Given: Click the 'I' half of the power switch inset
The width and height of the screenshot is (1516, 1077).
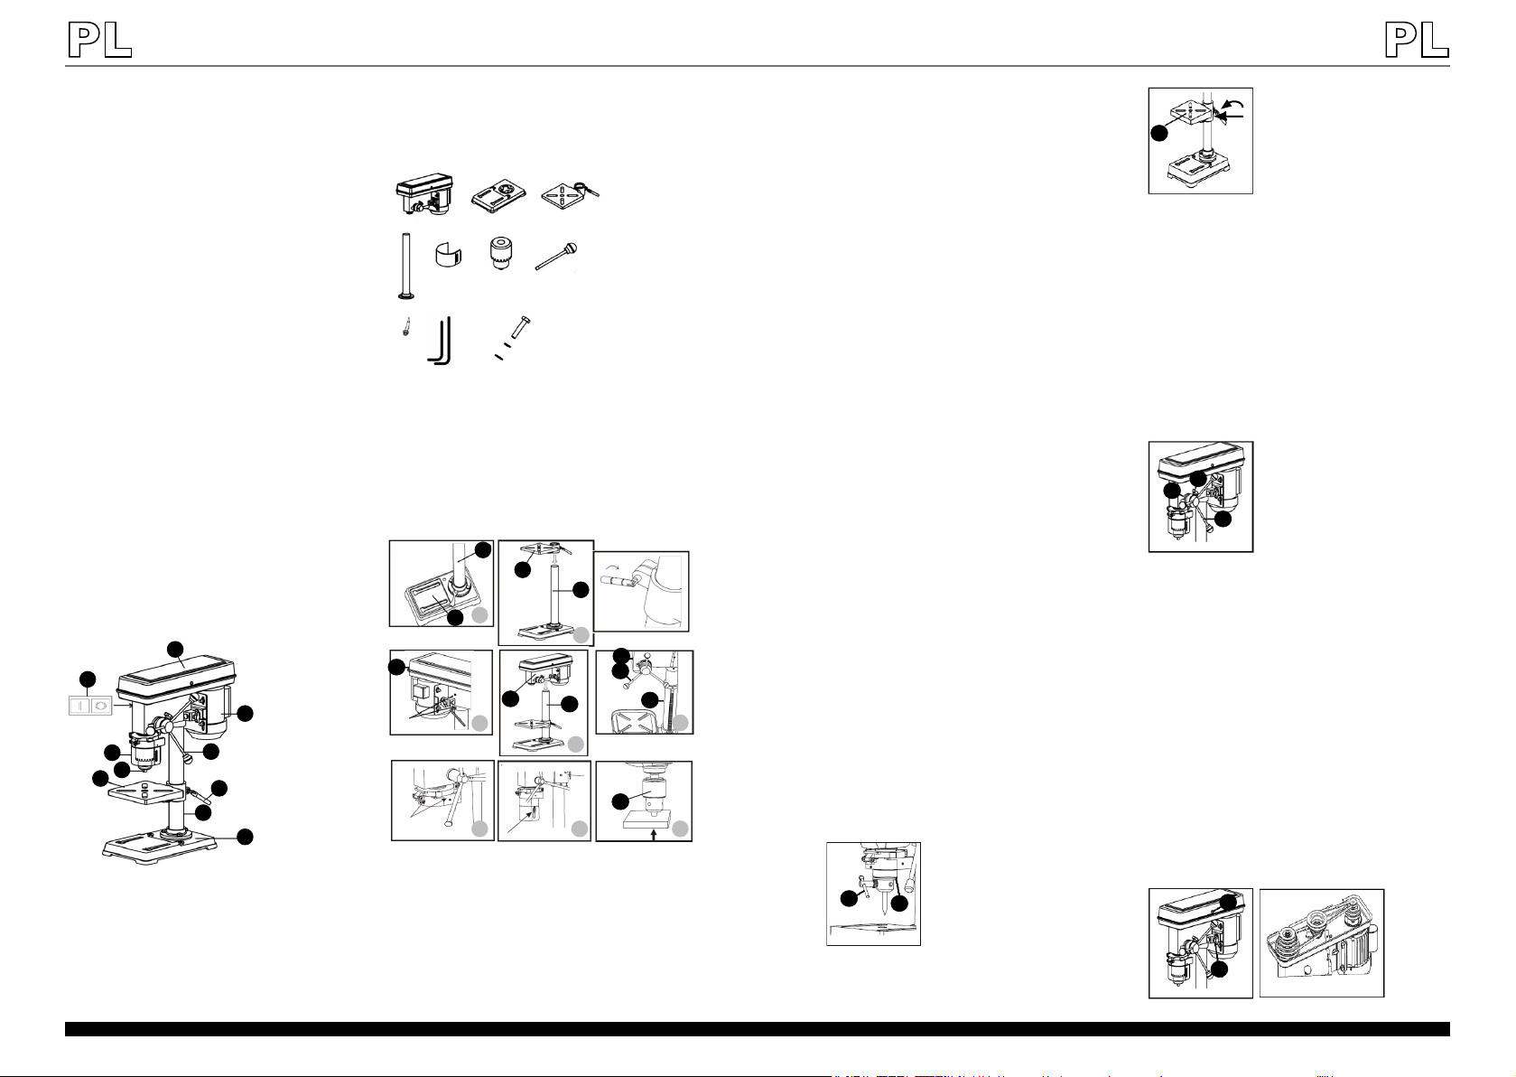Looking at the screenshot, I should pos(81,706).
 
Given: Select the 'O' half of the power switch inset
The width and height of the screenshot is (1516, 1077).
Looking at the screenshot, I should pos(100,706).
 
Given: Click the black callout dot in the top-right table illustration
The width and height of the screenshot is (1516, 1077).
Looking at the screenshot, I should pos(1159,133).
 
